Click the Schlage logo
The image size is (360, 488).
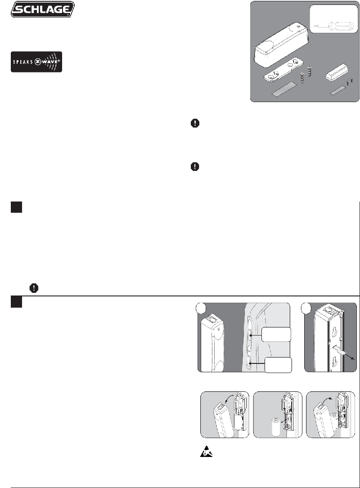[43, 9]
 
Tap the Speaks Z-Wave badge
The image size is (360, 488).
[36, 62]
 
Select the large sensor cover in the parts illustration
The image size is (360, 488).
[282, 43]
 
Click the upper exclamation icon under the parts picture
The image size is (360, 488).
[195, 123]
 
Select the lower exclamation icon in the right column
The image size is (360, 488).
[195, 166]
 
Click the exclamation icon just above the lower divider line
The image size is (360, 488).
[34, 288]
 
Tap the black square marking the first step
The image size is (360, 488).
[16, 207]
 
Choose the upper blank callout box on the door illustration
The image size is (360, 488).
[276, 334]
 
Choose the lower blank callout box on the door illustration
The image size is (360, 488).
[278, 365]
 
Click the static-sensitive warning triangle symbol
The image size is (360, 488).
[206, 451]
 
